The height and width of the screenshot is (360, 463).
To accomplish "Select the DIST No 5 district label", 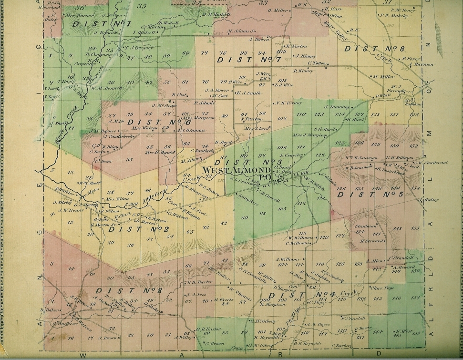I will click(377, 195).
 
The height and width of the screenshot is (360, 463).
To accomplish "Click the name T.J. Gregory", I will click(139, 47).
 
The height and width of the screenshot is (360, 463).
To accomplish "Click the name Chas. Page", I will click(382, 288).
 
